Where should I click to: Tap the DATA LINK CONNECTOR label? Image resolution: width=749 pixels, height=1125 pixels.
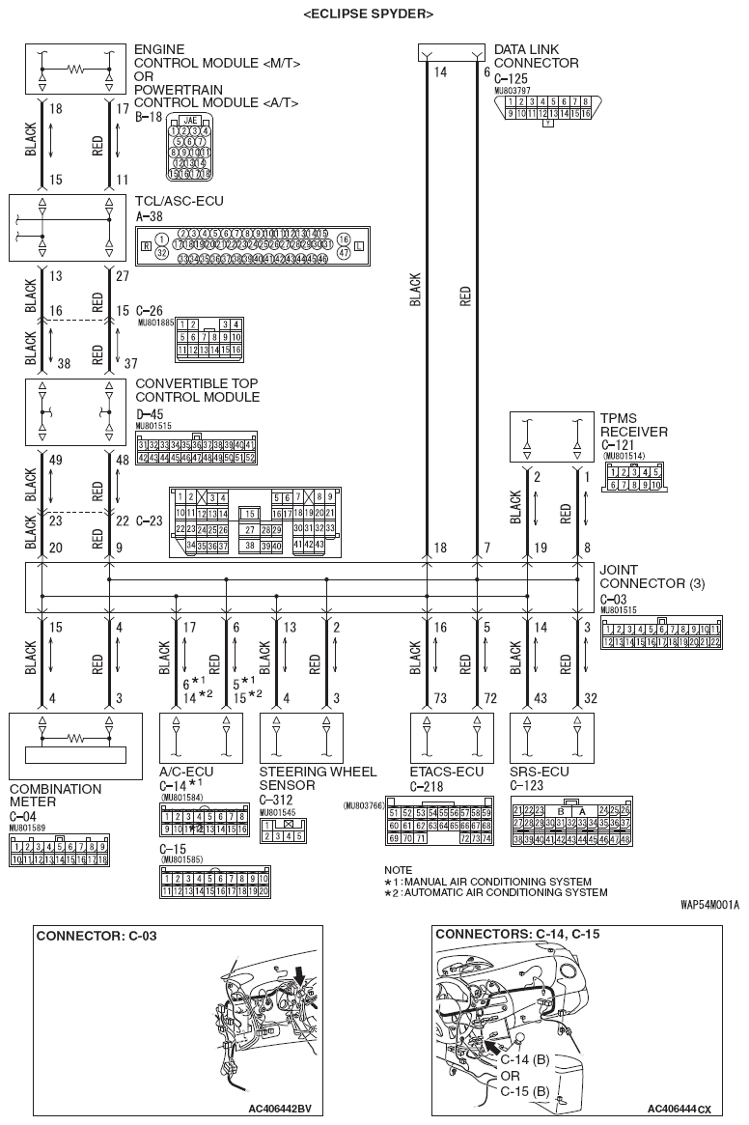tap(536, 56)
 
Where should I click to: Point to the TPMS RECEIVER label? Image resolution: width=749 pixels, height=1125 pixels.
tap(633, 425)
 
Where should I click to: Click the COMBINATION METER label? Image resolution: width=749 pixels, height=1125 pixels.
tap(55, 795)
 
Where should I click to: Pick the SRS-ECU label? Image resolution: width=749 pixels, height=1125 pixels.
tap(539, 773)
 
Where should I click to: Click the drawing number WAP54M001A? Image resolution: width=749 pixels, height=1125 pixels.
tap(709, 905)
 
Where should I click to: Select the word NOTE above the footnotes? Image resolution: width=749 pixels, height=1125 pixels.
tap(398, 870)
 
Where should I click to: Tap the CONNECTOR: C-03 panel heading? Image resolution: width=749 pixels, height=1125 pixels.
tap(97, 936)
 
